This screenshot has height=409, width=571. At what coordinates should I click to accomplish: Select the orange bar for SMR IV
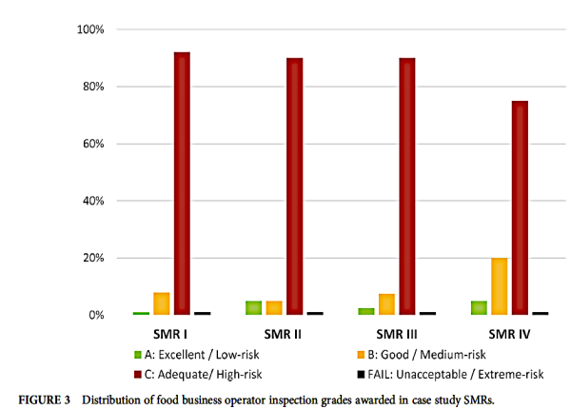click(500, 286)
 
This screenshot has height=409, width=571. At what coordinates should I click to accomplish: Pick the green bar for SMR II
click(253, 307)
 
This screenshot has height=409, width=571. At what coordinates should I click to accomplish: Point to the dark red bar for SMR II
click(294, 186)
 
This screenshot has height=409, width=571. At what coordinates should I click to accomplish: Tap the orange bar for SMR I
click(162, 303)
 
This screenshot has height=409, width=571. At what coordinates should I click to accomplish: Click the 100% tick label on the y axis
click(89, 29)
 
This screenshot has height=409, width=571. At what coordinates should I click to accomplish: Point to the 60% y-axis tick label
click(92, 144)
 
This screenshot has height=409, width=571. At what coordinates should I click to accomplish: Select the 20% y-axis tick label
click(92, 258)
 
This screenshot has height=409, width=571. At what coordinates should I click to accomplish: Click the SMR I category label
click(171, 334)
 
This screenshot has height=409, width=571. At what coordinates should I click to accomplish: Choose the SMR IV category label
click(509, 334)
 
